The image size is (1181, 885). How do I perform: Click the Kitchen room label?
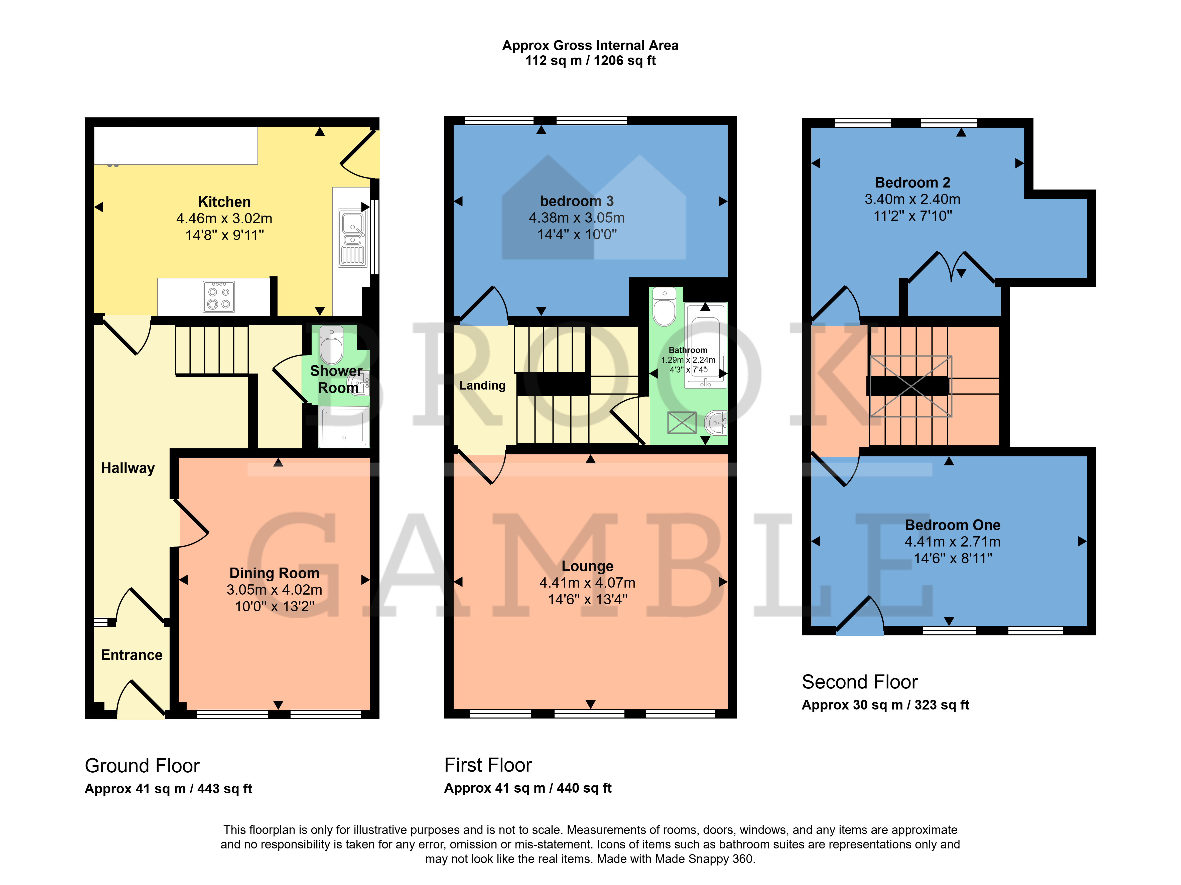(224, 202)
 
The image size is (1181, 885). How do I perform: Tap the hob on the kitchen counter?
(219, 297)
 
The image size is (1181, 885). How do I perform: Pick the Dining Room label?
(275, 573)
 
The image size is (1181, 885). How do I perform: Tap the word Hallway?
(128, 468)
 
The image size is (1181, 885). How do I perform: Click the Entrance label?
(132, 655)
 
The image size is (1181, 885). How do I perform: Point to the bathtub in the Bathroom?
(705, 344)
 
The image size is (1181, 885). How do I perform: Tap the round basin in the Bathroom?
(716, 423)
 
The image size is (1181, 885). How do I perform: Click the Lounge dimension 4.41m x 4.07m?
(587, 583)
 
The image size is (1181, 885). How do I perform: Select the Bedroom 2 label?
(912, 183)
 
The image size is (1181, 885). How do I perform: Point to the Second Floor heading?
(860, 682)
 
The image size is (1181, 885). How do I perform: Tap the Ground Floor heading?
(142, 766)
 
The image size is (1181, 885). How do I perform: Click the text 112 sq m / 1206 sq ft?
(591, 61)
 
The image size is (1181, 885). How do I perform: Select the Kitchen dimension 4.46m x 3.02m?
(224, 218)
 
